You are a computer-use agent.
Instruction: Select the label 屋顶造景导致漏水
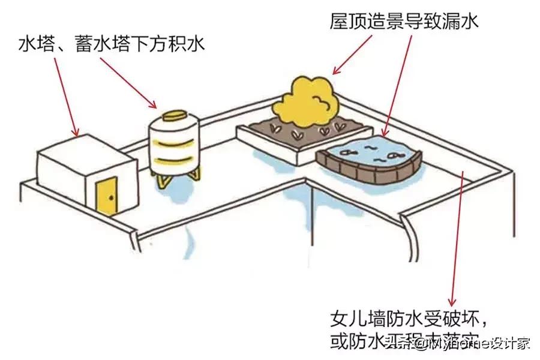(x=404, y=22)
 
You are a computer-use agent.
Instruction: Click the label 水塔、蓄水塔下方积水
(x=112, y=44)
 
